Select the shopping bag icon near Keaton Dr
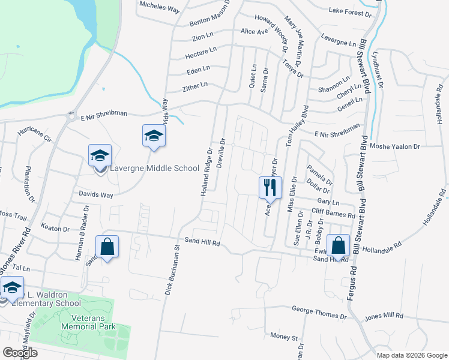click(x=107, y=247)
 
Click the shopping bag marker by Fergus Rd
click(x=339, y=246)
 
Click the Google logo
click(x=20, y=353)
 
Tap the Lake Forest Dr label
click(x=351, y=10)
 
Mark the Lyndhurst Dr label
click(x=378, y=68)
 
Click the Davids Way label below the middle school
click(x=96, y=194)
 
